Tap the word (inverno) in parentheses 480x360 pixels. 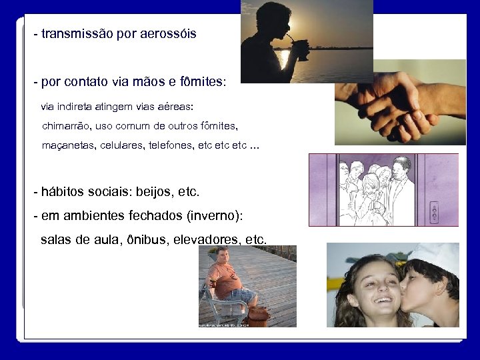pos(214,216)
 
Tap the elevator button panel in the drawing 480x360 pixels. pos(434,213)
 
